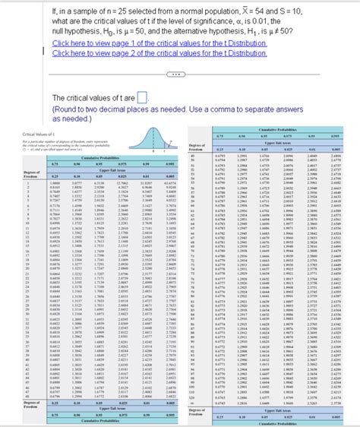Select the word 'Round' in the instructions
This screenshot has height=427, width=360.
coord(67,109)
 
